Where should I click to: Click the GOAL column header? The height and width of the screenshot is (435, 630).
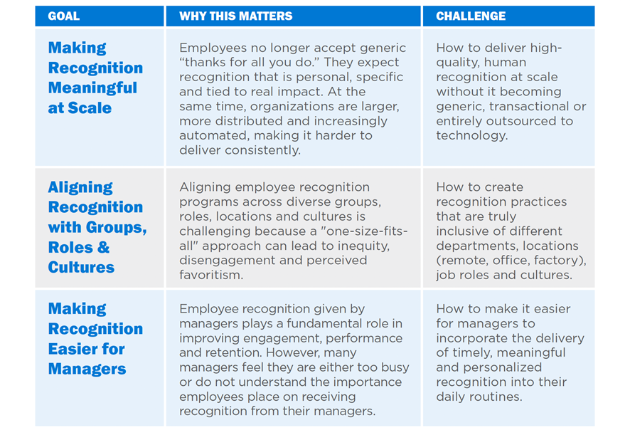pos(63,16)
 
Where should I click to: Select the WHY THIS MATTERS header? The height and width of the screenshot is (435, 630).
pos(236,16)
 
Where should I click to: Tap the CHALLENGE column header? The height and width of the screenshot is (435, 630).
pos(471,16)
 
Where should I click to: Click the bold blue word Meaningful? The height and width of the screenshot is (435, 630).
pos(92,88)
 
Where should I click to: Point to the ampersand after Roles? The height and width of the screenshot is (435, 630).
pos(103,247)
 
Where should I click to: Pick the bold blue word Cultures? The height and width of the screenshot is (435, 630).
pos(81,267)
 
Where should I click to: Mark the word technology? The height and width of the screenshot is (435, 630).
pos(472,136)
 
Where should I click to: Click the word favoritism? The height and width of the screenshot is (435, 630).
pos(211,276)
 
